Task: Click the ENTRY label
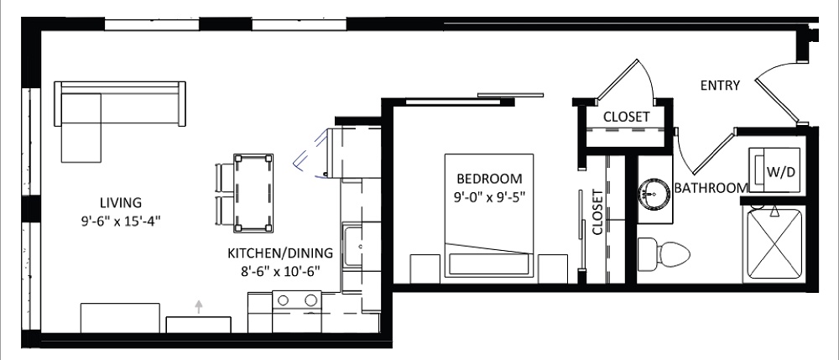tap(720, 85)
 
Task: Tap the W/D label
tap(781, 172)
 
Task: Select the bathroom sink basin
tap(654, 191)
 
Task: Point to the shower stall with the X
tap(774, 243)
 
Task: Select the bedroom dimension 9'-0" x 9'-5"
tap(489, 196)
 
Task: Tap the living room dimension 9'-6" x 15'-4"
tap(121, 221)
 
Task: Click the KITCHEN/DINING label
tap(280, 253)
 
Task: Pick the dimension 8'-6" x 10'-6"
tap(280, 271)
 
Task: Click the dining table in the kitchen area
tap(253, 192)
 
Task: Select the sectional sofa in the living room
tap(120, 122)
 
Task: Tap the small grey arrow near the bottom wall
tap(199, 306)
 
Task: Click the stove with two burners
tap(296, 311)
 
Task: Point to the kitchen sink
tap(352, 247)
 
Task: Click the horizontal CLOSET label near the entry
tap(627, 117)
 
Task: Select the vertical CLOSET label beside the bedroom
tap(597, 212)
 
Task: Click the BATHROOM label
tap(711, 188)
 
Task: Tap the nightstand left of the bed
tap(425, 269)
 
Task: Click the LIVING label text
tap(121, 203)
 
